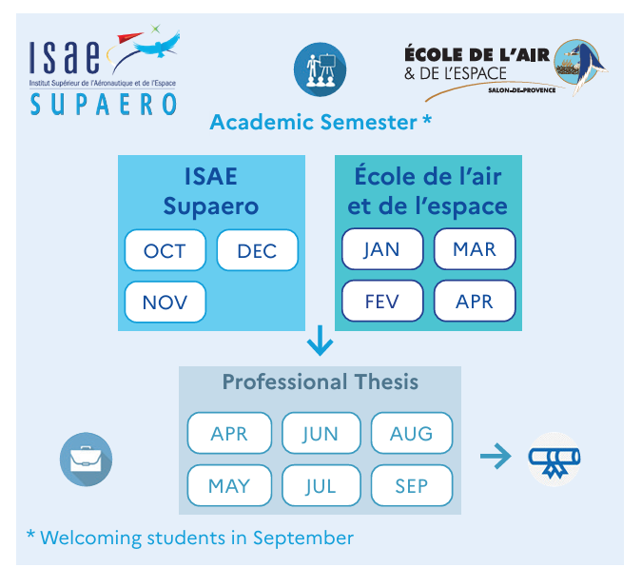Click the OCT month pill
point(165,250)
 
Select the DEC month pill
point(258,250)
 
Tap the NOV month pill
point(165,302)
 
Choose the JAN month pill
point(382,248)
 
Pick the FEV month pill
point(382,301)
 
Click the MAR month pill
point(475,248)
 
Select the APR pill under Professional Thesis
point(229,433)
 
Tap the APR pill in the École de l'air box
point(475,301)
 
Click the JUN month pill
point(321,433)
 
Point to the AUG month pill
point(412,433)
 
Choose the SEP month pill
point(412,485)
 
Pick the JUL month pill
point(321,485)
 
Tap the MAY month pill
point(229,485)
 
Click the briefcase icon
point(86,460)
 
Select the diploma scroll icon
point(554,460)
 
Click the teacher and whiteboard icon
point(321,69)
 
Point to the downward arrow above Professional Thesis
point(321,341)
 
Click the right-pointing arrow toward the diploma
point(496,456)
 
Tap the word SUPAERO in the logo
point(104,104)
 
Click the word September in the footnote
point(303,538)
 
